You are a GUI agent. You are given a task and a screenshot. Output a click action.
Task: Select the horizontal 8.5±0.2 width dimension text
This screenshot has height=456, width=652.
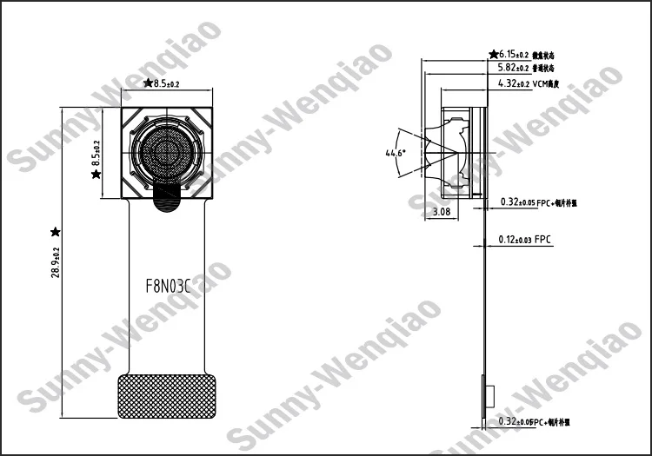point(166,83)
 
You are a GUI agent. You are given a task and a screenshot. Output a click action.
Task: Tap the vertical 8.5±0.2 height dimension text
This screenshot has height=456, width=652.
point(96,153)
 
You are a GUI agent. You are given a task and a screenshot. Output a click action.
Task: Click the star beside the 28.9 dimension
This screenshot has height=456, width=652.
point(56,231)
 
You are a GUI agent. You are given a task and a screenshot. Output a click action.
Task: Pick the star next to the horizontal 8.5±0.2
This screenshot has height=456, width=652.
point(147,83)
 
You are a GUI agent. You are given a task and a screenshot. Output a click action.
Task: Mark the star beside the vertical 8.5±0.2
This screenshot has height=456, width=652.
point(96,175)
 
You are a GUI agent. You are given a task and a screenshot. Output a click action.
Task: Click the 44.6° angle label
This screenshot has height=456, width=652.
point(396,153)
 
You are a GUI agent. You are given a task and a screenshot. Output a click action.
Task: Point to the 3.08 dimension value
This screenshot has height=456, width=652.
point(442,212)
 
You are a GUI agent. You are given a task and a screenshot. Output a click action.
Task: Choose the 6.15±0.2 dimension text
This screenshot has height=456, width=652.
point(514,54)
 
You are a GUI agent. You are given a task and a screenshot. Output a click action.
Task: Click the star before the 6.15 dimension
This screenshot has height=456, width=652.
point(494,54)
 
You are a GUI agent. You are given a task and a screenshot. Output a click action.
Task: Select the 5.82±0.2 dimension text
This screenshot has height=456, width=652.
point(513,68)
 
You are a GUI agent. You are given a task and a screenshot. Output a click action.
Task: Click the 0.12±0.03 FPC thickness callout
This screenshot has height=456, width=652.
point(524,239)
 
